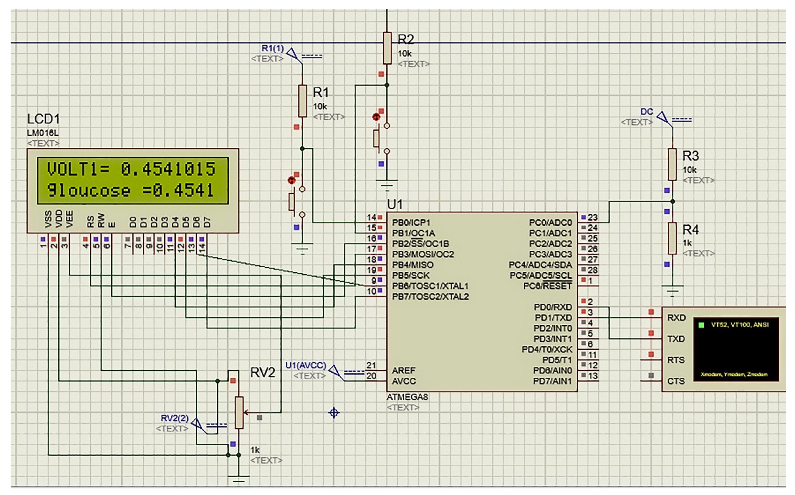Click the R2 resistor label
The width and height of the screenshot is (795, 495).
point(406,39)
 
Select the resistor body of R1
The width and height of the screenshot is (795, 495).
point(302,101)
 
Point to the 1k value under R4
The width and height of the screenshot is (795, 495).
point(687,243)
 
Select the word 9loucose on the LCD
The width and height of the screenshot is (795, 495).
point(88,190)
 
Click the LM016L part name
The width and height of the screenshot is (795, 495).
point(43,133)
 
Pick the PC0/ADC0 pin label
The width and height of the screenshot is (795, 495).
point(550,223)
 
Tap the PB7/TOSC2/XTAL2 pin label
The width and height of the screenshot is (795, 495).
point(430,297)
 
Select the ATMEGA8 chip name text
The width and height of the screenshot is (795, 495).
point(407,397)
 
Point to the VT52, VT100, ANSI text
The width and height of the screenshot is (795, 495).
point(740,325)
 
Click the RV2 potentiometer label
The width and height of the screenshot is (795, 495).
point(262,373)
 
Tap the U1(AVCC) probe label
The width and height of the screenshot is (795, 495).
point(306,365)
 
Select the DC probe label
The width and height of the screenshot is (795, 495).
point(647,112)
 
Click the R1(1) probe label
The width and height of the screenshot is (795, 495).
point(273,48)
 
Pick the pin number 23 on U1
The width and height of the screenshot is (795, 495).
point(592,217)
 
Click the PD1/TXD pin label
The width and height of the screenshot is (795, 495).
point(553,317)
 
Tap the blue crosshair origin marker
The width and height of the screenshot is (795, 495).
point(334,413)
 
